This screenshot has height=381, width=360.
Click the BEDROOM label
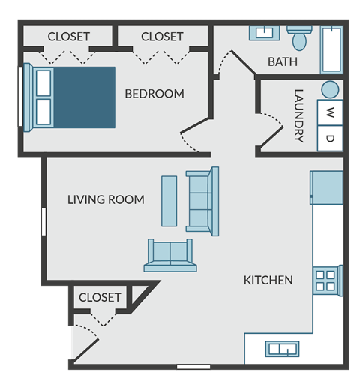[154, 94]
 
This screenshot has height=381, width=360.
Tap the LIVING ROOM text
[106, 199]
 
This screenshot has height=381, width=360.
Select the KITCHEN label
[268, 280]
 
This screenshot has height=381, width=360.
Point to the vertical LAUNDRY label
[298, 116]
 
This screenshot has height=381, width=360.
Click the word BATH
[282, 61]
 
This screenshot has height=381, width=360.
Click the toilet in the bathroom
[300, 37]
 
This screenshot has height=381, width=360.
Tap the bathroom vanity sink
[264, 33]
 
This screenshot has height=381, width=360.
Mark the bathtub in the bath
[331, 49]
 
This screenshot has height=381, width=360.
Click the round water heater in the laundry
[330, 89]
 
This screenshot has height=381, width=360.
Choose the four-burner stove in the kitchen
[326, 280]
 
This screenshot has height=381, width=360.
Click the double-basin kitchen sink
[283, 349]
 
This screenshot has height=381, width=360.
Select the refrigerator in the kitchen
[327, 187]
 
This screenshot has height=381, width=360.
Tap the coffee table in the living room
[169, 201]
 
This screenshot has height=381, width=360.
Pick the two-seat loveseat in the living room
[171, 255]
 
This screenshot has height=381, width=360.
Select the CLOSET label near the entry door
[100, 297]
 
